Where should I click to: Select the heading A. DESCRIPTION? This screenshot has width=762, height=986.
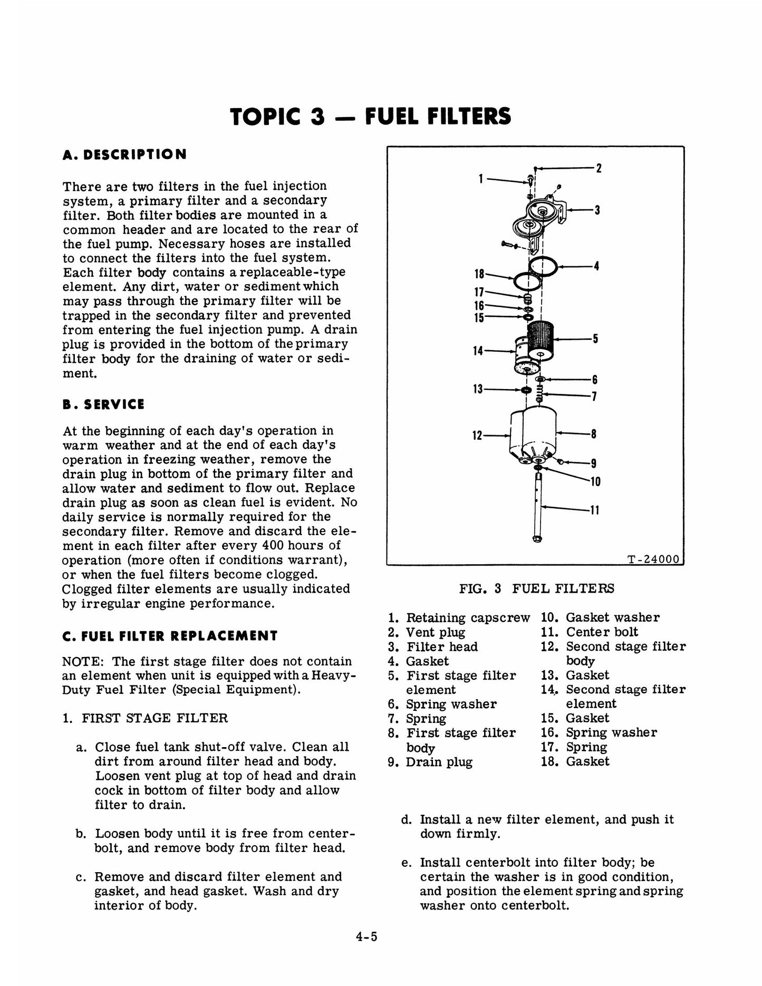click(124, 154)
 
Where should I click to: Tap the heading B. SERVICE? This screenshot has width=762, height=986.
click(103, 404)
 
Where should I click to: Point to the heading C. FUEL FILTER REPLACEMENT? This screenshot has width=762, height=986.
click(170, 636)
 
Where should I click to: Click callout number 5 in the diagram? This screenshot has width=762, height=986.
click(595, 339)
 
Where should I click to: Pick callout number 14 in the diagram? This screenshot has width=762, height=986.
click(478, 351)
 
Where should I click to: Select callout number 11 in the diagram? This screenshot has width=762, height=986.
click(595, 510)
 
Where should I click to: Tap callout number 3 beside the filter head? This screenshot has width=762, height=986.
click(597, 210)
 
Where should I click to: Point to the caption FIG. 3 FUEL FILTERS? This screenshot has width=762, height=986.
click(537, 588)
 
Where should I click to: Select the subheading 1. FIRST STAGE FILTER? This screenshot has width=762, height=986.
click(146, 718)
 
